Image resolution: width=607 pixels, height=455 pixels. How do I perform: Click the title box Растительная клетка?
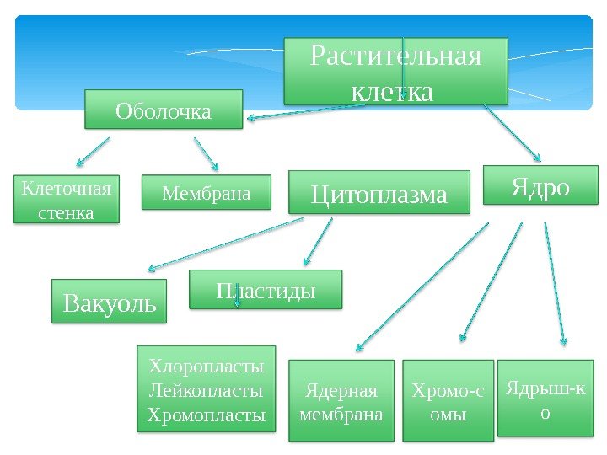pos(396,71)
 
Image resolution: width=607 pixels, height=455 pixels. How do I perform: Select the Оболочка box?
pos(164,110)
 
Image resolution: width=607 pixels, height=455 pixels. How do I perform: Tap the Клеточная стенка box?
pos(67,199)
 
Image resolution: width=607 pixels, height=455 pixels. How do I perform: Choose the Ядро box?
pos(540,185)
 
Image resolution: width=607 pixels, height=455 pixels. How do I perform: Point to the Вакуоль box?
pos(110,301)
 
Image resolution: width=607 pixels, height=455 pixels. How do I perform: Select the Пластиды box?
pos(266,289)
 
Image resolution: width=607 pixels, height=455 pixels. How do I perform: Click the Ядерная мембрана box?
pos(341,401)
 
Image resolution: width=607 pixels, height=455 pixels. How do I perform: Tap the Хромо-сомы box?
pos(448,401)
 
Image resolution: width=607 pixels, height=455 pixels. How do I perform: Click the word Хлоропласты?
pos(207,366)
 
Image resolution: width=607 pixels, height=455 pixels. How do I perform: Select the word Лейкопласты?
pos(207,390)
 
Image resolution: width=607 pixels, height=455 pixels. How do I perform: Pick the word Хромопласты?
pos(207,415)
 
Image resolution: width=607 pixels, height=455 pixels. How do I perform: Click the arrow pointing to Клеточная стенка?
pos(93,152)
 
